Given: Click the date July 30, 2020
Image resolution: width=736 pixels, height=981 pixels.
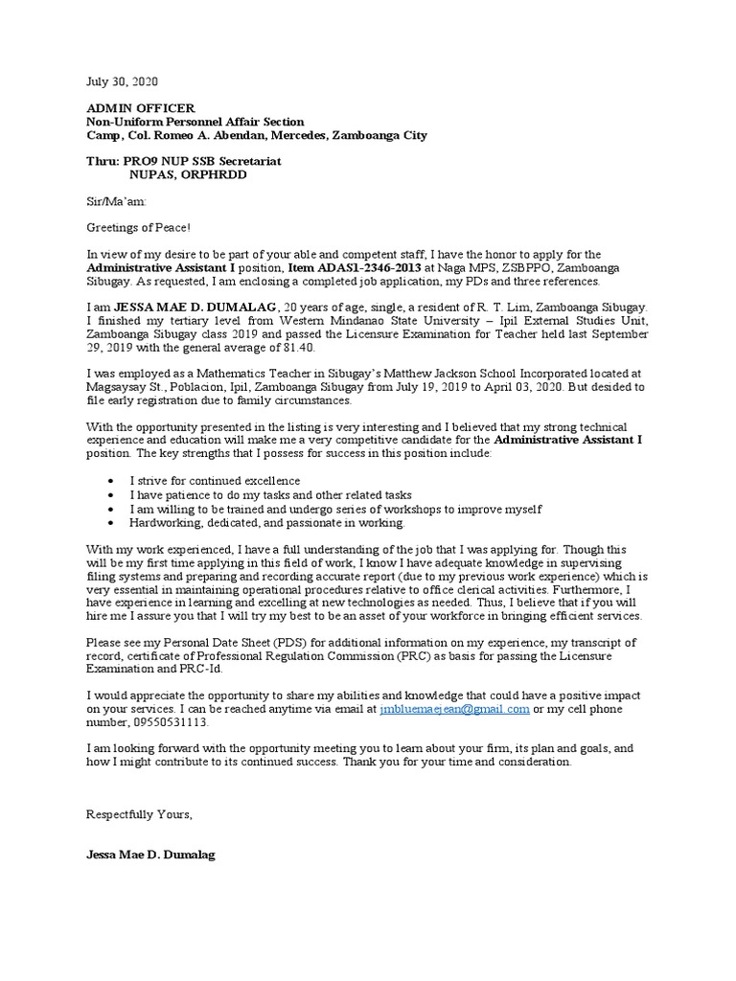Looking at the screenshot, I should point(119,82).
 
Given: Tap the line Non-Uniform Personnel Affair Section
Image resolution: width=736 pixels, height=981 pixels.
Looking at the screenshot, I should point(195,122).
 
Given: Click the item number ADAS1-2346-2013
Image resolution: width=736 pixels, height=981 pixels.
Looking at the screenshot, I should point(369,267).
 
